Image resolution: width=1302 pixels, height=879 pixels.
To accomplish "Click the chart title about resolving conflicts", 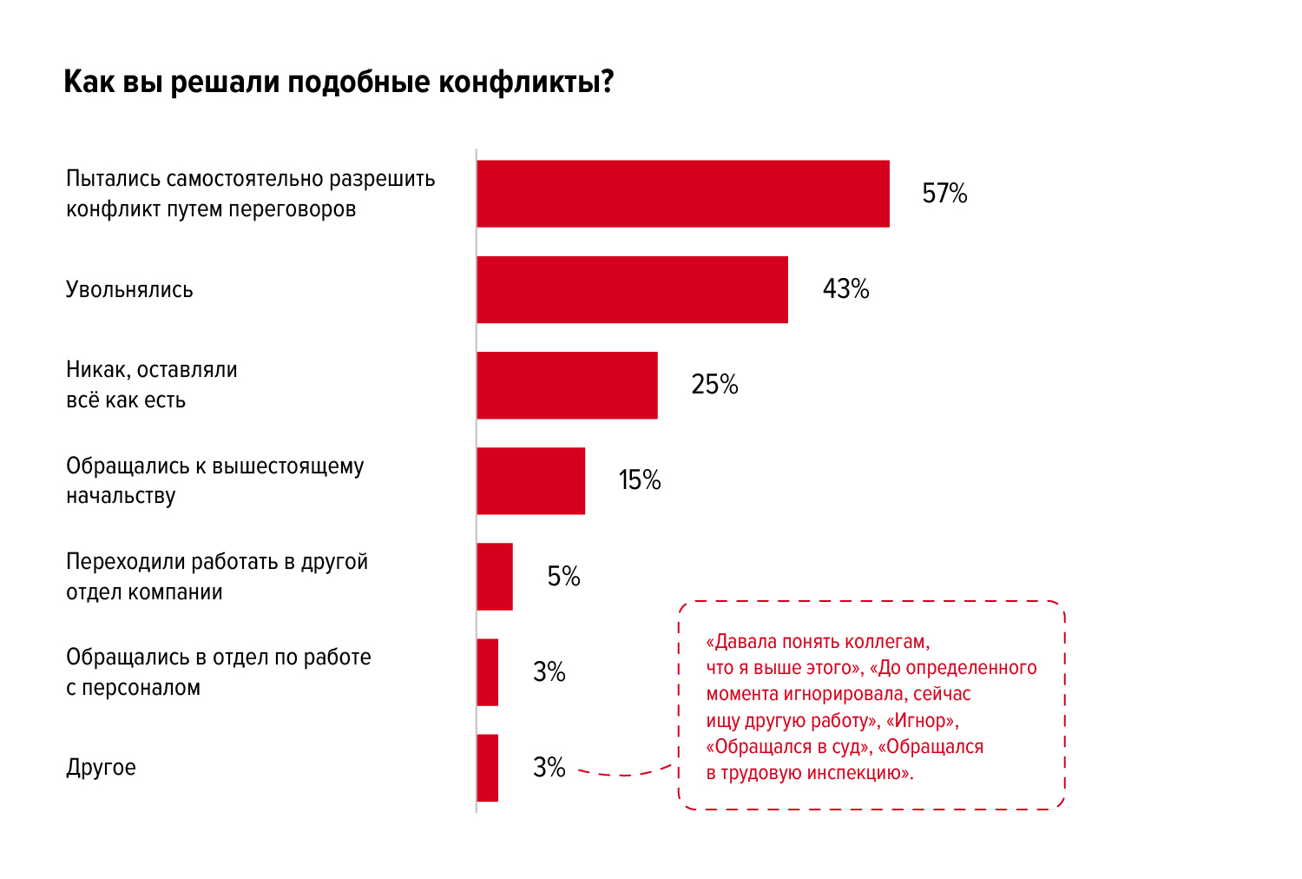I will pos(339,82).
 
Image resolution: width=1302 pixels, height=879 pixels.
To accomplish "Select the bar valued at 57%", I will pos(683,194).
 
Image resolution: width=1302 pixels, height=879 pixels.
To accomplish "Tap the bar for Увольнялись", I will pos(632,289).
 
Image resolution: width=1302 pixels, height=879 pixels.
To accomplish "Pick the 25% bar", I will pos(567,385).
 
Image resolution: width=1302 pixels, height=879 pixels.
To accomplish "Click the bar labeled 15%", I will pos(530,480).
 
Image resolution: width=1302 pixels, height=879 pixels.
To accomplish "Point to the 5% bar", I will pos(495,577).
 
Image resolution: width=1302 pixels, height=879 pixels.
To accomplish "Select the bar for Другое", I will pos(488,768).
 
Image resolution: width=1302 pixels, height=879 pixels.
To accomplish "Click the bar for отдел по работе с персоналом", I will pos(488,672).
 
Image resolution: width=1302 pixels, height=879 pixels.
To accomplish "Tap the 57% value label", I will pos(944,193).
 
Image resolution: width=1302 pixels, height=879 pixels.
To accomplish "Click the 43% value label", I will pos(845,288).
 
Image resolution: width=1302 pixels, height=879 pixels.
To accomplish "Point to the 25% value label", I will pos(714,384).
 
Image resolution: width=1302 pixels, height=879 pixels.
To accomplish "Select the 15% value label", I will pos(640,479).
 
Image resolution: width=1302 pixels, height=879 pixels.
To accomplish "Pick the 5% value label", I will pos(563,576).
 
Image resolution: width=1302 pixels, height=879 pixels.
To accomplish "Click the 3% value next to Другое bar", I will pos(549,767).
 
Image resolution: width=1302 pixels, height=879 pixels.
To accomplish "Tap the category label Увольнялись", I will pos(129,289).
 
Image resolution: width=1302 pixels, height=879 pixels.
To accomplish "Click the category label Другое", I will pos(101,767).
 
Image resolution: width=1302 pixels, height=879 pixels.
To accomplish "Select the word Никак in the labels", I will pos(97,370).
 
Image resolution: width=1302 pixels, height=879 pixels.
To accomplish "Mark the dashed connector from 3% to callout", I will pos(623,773).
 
